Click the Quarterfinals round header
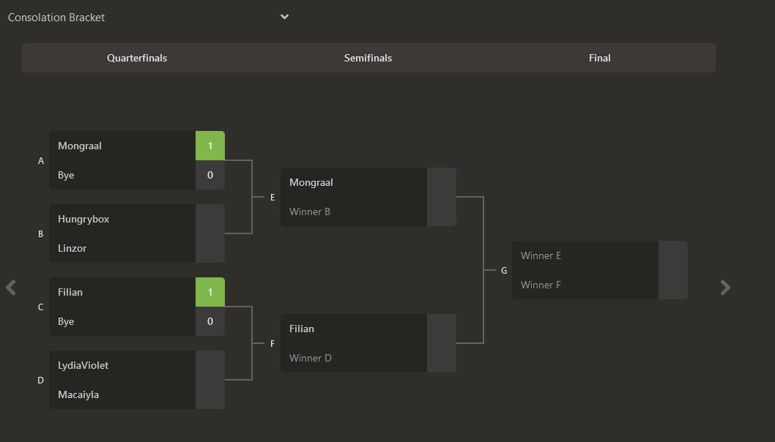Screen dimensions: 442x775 coord(137,58)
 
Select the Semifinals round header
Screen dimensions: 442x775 coord(368,58)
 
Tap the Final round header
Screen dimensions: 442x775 coord(599,58)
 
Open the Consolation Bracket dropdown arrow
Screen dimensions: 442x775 coord(284,17)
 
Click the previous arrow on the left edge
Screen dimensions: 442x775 coord(11,287)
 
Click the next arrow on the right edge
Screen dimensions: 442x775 coord(725,288)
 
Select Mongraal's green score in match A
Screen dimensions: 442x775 coord(210,146)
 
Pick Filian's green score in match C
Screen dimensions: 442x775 coord(210,292)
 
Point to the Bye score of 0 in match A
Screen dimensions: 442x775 coord(210,175)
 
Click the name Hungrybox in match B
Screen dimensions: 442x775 coord(84,219)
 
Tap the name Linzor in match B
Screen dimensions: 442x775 coord(73,248)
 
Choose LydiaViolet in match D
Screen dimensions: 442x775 coord(84,365)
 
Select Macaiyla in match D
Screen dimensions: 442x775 coord(78,394)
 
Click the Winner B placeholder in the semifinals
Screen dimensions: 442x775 coord(310,211)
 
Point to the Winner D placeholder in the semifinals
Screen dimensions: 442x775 coord(311,358)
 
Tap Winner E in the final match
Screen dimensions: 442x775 coord(541,255)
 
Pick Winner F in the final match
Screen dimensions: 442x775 coord(541,285)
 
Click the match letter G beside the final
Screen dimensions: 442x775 coord(504,271)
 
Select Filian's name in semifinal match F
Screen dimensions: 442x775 coord(302,329)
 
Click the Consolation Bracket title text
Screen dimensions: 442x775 coord(56,17)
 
